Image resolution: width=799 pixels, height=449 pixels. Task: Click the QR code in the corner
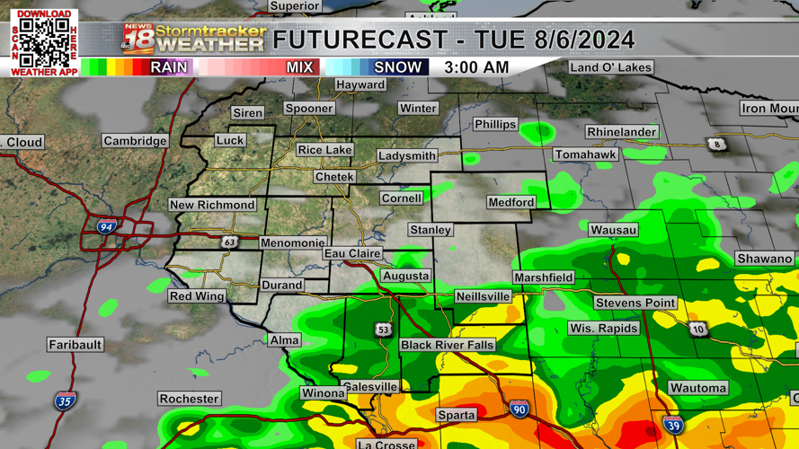44,41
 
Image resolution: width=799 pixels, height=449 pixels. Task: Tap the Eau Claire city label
352,254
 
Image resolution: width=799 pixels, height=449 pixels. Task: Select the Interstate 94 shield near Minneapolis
106,227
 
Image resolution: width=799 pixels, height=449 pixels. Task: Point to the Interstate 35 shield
64,401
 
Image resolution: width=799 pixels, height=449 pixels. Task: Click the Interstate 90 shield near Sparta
519,409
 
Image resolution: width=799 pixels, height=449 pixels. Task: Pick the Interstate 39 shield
672,424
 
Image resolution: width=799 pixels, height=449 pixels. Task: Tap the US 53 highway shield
384,330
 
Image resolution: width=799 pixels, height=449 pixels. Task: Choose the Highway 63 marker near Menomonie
230,242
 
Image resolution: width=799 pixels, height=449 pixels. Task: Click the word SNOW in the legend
397,67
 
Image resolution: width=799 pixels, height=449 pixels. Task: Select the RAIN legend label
169,67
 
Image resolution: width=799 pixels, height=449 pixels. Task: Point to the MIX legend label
299,67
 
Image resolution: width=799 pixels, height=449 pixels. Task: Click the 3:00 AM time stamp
476,67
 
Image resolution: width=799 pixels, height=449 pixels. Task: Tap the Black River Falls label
447,345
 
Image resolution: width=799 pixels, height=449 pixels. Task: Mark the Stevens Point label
635,303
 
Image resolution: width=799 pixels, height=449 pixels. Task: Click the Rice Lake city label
324,150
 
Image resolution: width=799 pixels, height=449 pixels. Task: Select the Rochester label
189,399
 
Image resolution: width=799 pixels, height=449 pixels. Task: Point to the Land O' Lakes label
610,67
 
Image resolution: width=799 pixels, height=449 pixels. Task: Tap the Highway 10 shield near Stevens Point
698,330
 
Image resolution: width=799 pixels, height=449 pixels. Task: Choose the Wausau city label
613,230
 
